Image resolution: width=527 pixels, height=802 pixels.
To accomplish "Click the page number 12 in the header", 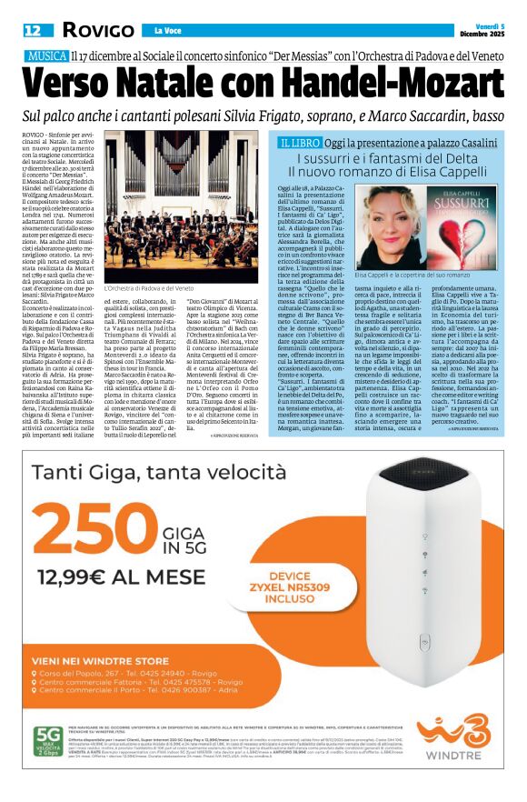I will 33,31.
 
